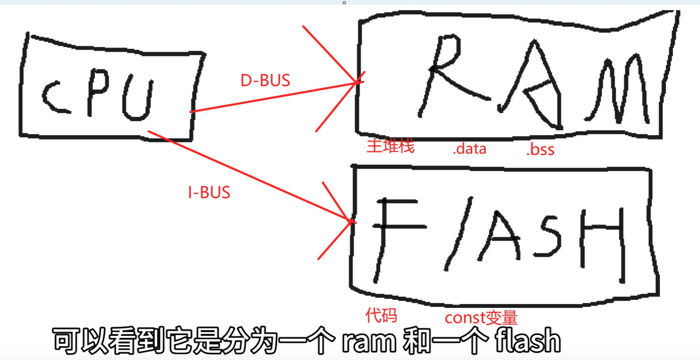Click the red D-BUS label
tap(265, 80)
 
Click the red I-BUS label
tap(209, 192)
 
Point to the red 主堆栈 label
tap(390, 146)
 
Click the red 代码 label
tap(381, 315)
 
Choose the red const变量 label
tap(481, 318)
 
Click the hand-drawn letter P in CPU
tap(97, 91)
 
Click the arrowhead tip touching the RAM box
tap(357, 83)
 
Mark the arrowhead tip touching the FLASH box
tap(351, 221)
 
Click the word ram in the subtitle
tap(369, 341)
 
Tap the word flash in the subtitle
tap(527, 341)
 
